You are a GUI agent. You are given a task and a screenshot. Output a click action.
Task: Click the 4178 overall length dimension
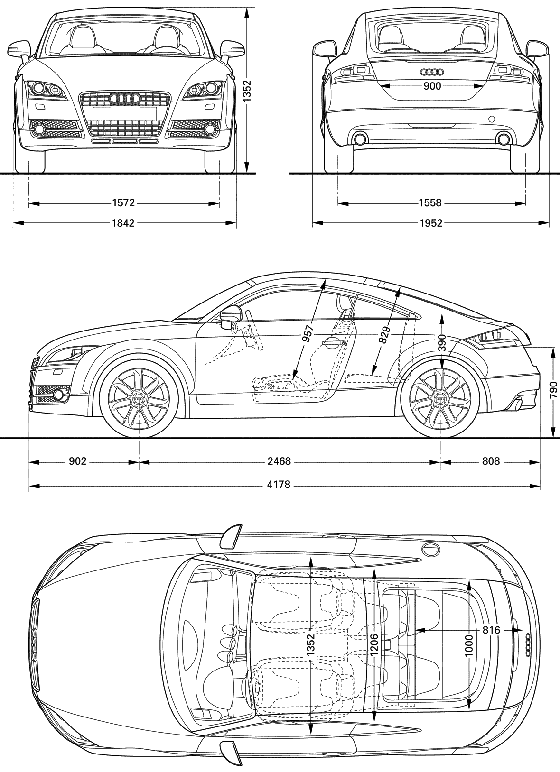tap(279, 485)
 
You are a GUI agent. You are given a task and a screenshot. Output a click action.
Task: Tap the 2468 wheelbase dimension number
tap(280, 461)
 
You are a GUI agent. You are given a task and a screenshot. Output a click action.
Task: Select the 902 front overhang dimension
tap(77, 461)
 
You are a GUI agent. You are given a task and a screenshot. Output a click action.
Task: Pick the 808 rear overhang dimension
tap(491, 461)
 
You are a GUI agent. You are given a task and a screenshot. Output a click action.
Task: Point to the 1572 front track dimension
tap(123, 202)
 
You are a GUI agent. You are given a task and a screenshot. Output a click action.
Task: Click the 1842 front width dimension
tap(123, 223)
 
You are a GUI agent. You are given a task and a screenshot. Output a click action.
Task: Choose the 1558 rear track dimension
tap(430, 202)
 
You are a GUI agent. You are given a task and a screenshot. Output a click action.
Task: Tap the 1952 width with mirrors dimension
tap(431, 223)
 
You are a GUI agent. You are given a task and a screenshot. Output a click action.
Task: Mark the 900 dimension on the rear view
tap(432, 86)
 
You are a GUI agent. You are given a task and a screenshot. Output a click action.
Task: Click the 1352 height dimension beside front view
tap(247, 92)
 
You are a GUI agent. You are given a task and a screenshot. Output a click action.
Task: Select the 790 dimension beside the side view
tap(553, 390)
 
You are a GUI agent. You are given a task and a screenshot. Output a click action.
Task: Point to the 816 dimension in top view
tap(491, 630)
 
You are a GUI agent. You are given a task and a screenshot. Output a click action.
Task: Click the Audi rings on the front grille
tap(124, 99)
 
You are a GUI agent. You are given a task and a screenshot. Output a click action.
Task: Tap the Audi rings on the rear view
tap(432, 72)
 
